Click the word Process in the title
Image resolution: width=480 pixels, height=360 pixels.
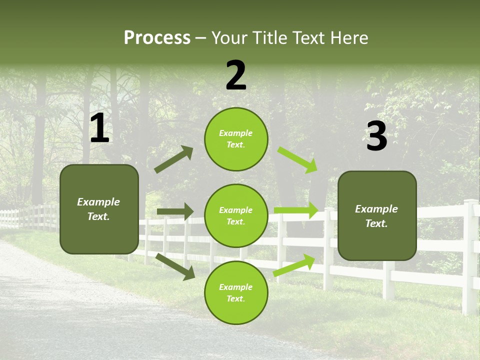[157, 37]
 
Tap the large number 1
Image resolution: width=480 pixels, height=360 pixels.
[99, 128]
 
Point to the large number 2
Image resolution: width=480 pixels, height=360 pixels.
[236, 75]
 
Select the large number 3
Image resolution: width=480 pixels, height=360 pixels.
[376, 136]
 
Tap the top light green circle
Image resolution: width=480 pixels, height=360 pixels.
[236, 139]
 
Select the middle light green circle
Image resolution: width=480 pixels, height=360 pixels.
[236, 215]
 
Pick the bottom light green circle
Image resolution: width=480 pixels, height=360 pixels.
[236, 292]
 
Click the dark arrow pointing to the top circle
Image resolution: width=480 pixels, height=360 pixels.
[173, 159]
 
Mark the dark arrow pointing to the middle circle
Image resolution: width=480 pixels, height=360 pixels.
[175, 211]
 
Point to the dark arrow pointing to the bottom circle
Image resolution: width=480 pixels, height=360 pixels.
[175, 266]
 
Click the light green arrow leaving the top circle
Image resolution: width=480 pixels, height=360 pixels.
[298, 159]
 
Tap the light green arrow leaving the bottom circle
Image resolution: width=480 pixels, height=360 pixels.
[294, 265]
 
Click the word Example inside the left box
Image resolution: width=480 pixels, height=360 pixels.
[98, 202]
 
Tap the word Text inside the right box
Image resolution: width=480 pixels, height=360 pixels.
[376, 223]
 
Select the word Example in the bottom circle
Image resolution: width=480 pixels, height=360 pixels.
[236, 287]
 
